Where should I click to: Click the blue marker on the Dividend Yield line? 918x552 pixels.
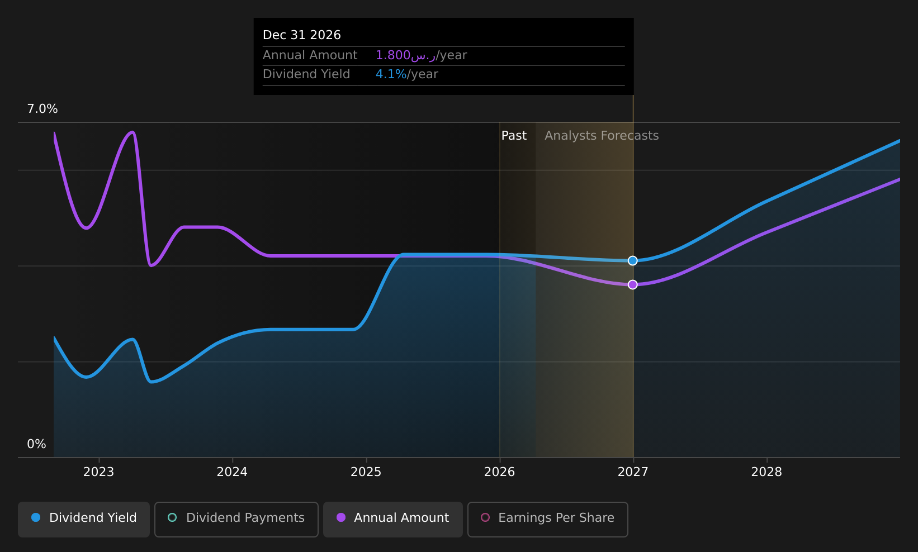coord(633,261)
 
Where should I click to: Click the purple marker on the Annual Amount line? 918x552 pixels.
coord(633,284)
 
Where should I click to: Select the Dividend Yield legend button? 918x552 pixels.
coord(84,519)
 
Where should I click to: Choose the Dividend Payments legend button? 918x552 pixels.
coord(236,519)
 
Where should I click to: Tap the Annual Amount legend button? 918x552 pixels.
coord(393,519)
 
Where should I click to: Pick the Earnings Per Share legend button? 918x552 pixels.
coord(548,519)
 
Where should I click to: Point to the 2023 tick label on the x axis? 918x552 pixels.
coord(99,472)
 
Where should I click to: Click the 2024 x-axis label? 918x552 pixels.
coord(233,472)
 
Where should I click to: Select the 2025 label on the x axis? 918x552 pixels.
coord(366,472)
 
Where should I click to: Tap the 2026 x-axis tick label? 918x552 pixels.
coord(500,472)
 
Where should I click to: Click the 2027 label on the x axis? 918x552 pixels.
coord(633,472)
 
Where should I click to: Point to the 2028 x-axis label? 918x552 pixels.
coord(767,472)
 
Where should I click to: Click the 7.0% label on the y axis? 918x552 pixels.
coord(42,109)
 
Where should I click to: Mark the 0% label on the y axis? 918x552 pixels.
coord(36,444)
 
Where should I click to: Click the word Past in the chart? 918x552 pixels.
coord(514,136)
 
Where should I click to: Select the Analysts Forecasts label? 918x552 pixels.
coord(602,136)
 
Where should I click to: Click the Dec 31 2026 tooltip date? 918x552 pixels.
coord(302,35)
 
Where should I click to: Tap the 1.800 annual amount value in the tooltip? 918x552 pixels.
coord(393,55)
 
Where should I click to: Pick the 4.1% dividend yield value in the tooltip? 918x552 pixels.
coord(391,74)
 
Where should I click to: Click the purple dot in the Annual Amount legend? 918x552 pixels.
coord(340,517)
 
